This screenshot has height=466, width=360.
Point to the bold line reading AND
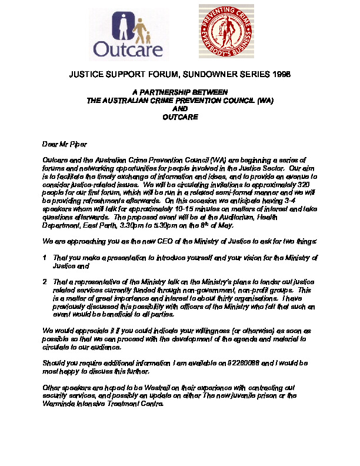180,109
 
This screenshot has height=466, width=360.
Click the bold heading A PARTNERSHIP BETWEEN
180,93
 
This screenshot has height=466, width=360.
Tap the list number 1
45,258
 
